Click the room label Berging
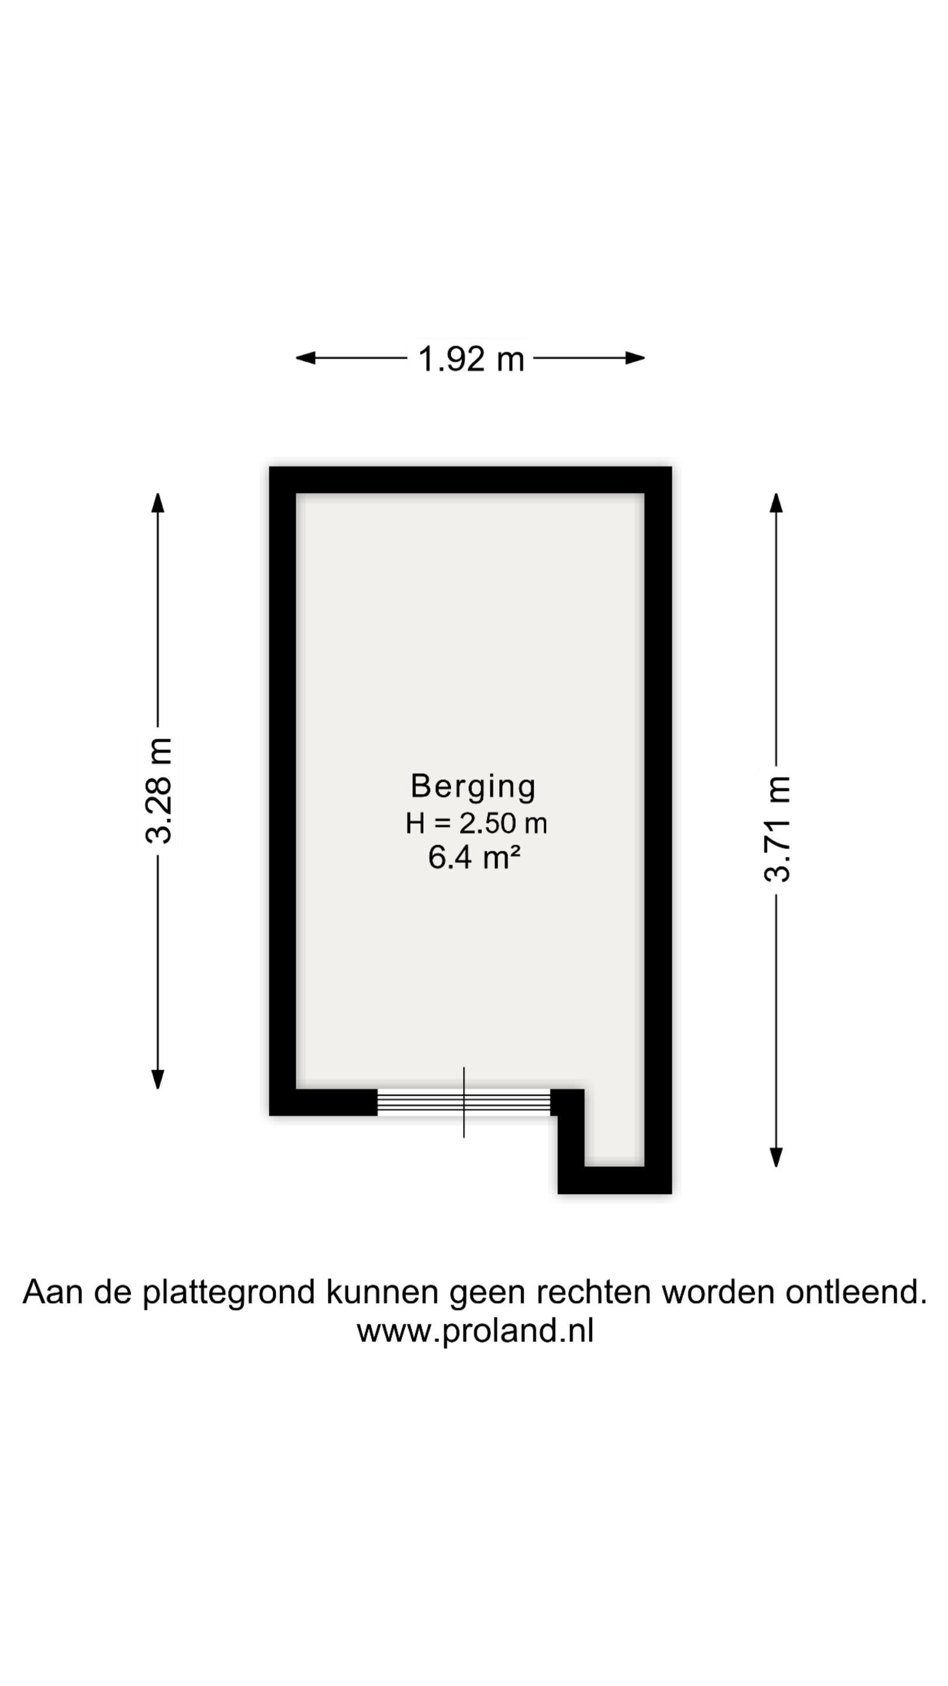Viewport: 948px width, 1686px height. point(473,787)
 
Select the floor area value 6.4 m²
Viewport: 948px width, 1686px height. point(475,858)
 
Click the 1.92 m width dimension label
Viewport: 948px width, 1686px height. point(471,359)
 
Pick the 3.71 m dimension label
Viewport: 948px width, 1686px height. point(777,828)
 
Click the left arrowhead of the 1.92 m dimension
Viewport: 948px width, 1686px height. point(305,358)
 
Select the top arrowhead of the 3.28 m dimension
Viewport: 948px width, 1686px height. point(157,503)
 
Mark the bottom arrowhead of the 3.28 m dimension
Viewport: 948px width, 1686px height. point(157,1080)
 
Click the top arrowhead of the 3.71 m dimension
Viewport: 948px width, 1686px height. point(776,503)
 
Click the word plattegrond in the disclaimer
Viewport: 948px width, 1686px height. point(229,1293)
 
